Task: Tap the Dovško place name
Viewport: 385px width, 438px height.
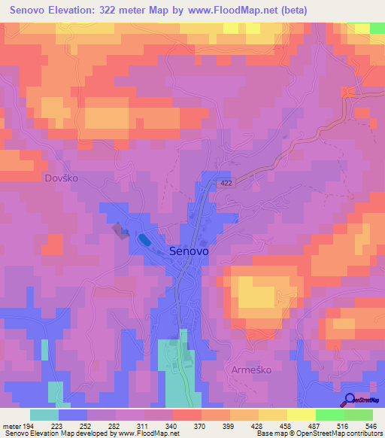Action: tap(61, 178)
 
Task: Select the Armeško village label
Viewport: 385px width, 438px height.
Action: tap(247, 370)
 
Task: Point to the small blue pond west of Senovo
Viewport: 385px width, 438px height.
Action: tap(143, 239)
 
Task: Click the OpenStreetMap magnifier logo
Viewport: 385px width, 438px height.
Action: tap(351, 400)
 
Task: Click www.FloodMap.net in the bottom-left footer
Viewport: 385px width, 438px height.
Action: tap(146, 433)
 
